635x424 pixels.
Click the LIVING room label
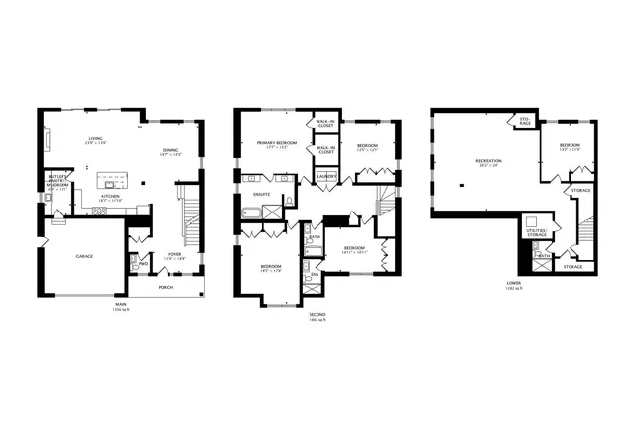[x=96, y=139]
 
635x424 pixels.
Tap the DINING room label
[x=171, y=149]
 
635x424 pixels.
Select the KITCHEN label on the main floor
[x=110, y=197]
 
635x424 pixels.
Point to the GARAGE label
[x=85, y=256]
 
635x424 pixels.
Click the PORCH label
[x=165, y=288]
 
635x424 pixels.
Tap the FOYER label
[x=175, y=254]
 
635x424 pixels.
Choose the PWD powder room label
[x=145, y=264]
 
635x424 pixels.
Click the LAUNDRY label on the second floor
[x=326, y=177]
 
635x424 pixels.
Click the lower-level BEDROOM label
[x=570, y=145]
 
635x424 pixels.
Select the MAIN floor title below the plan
[x=121, y=304]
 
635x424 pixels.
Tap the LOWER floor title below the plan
[x=512, y=284]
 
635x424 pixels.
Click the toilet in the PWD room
[x=134, y=264]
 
